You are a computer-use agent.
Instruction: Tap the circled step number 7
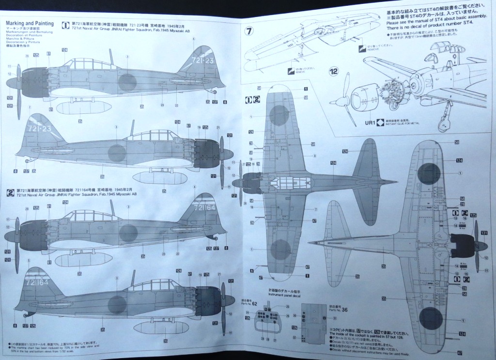coord(249,31)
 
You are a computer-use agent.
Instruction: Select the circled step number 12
coord(334,72)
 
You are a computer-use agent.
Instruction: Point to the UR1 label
coord(370,123)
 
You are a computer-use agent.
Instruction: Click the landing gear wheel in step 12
coord(443,124)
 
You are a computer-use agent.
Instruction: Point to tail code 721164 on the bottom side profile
coord(36,282)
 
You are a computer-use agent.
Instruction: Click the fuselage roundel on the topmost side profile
coord(127,82)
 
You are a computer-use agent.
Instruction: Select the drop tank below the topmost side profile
coord(77,108)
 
